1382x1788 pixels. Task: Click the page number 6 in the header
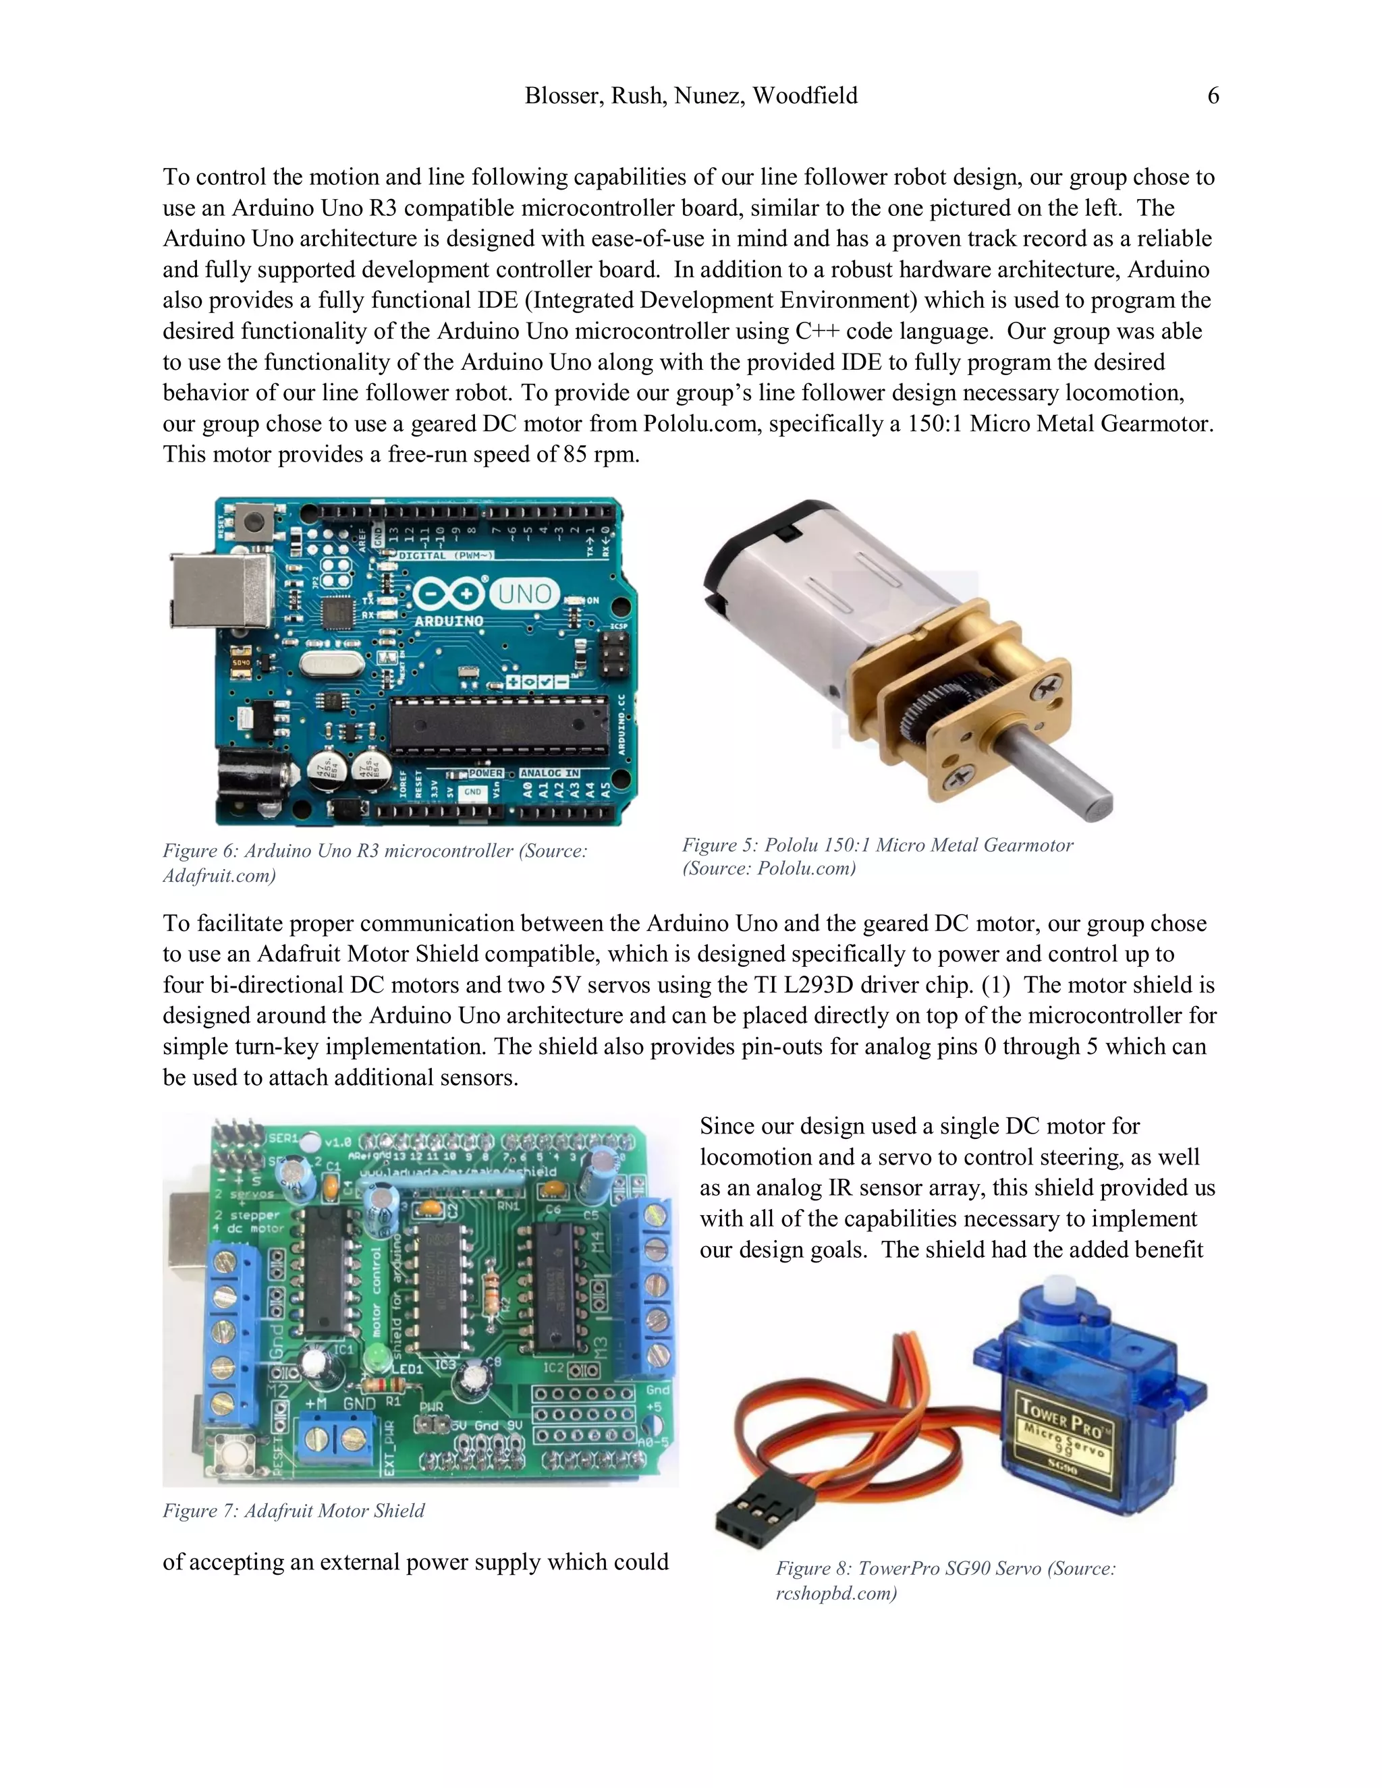click(x=1213, y=96)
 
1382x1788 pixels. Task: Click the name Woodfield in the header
click(x=805, y=96)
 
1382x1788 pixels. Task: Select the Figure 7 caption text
click(x=293, y=1511)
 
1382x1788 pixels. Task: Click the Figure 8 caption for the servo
click(x=945, y=1580)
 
